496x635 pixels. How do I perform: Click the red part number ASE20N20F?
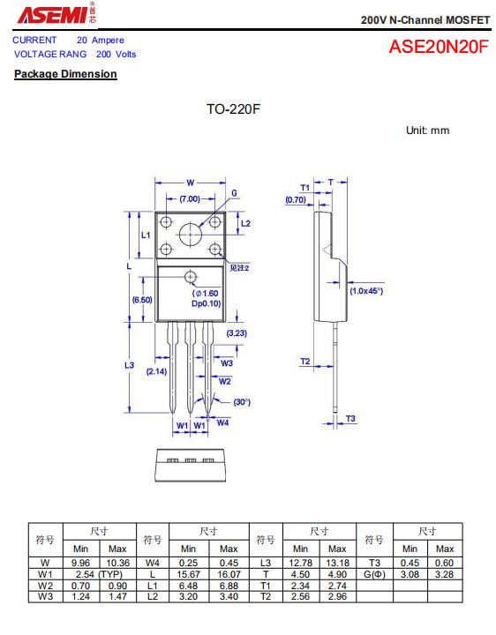click(x=439, y=47)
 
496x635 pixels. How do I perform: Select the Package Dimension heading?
click(x=65, y=74)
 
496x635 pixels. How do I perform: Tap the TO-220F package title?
click(x=233, y=109)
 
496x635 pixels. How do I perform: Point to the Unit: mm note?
click(x=427, y=131)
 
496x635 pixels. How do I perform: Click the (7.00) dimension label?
click(x=190, y=198)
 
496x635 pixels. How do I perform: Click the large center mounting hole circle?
click(x=191, y=235)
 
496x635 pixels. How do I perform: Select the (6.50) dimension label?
click(x=142, y=300)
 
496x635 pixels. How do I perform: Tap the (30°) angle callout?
click(x=242, y=402)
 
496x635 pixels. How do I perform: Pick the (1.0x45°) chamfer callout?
click(x=366, y=291)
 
